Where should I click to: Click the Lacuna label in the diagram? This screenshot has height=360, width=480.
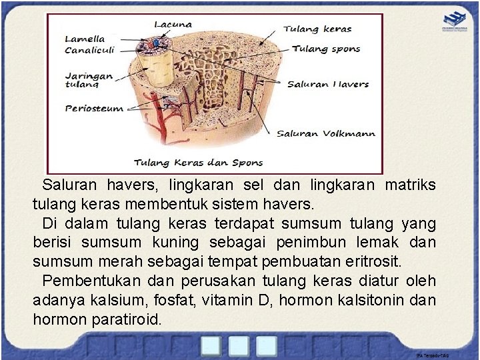173,25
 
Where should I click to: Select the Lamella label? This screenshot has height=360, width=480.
85,39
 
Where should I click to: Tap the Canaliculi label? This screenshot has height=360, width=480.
89,50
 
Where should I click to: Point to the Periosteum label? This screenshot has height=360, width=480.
94,108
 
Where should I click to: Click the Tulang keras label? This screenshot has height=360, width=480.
317,29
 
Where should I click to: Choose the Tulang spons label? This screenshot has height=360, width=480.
326,49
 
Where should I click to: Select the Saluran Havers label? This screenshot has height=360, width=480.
327,85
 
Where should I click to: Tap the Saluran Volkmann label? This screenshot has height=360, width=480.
326,133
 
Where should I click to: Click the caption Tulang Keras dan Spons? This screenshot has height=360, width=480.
199,162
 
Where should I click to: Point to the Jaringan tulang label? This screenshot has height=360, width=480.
89,80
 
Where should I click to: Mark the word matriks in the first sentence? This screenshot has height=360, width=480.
410,184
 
